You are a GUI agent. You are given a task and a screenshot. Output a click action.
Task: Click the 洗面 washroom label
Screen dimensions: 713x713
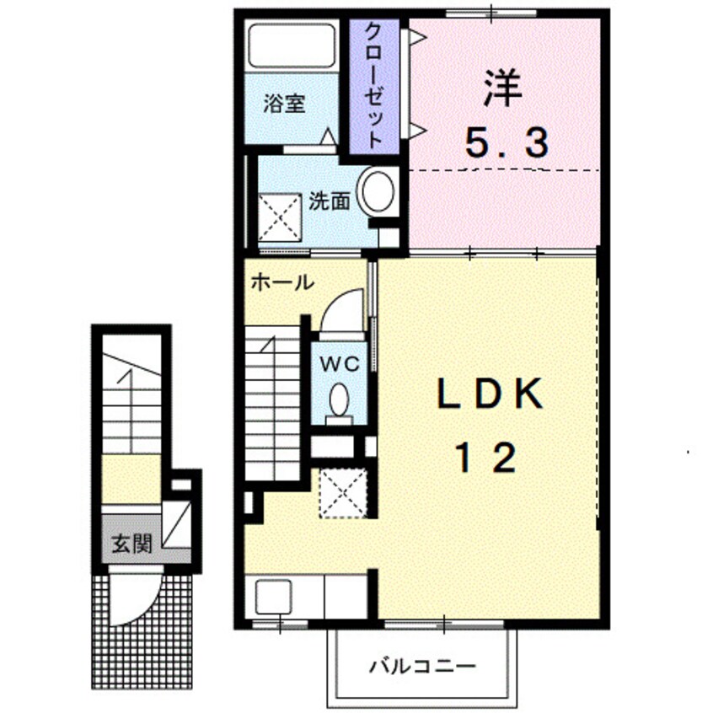pos(328,202)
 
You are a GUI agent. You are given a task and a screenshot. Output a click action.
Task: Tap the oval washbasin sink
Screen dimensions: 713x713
pos(377,192)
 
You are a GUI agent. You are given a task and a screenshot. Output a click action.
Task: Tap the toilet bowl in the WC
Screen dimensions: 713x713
pos(340,399)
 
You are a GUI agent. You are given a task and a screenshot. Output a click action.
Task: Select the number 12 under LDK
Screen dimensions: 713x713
pos(486,458)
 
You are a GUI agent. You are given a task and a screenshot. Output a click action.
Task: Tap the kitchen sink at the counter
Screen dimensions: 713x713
pos(273,598)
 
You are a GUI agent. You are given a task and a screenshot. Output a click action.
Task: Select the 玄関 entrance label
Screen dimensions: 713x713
pos(131,544)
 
